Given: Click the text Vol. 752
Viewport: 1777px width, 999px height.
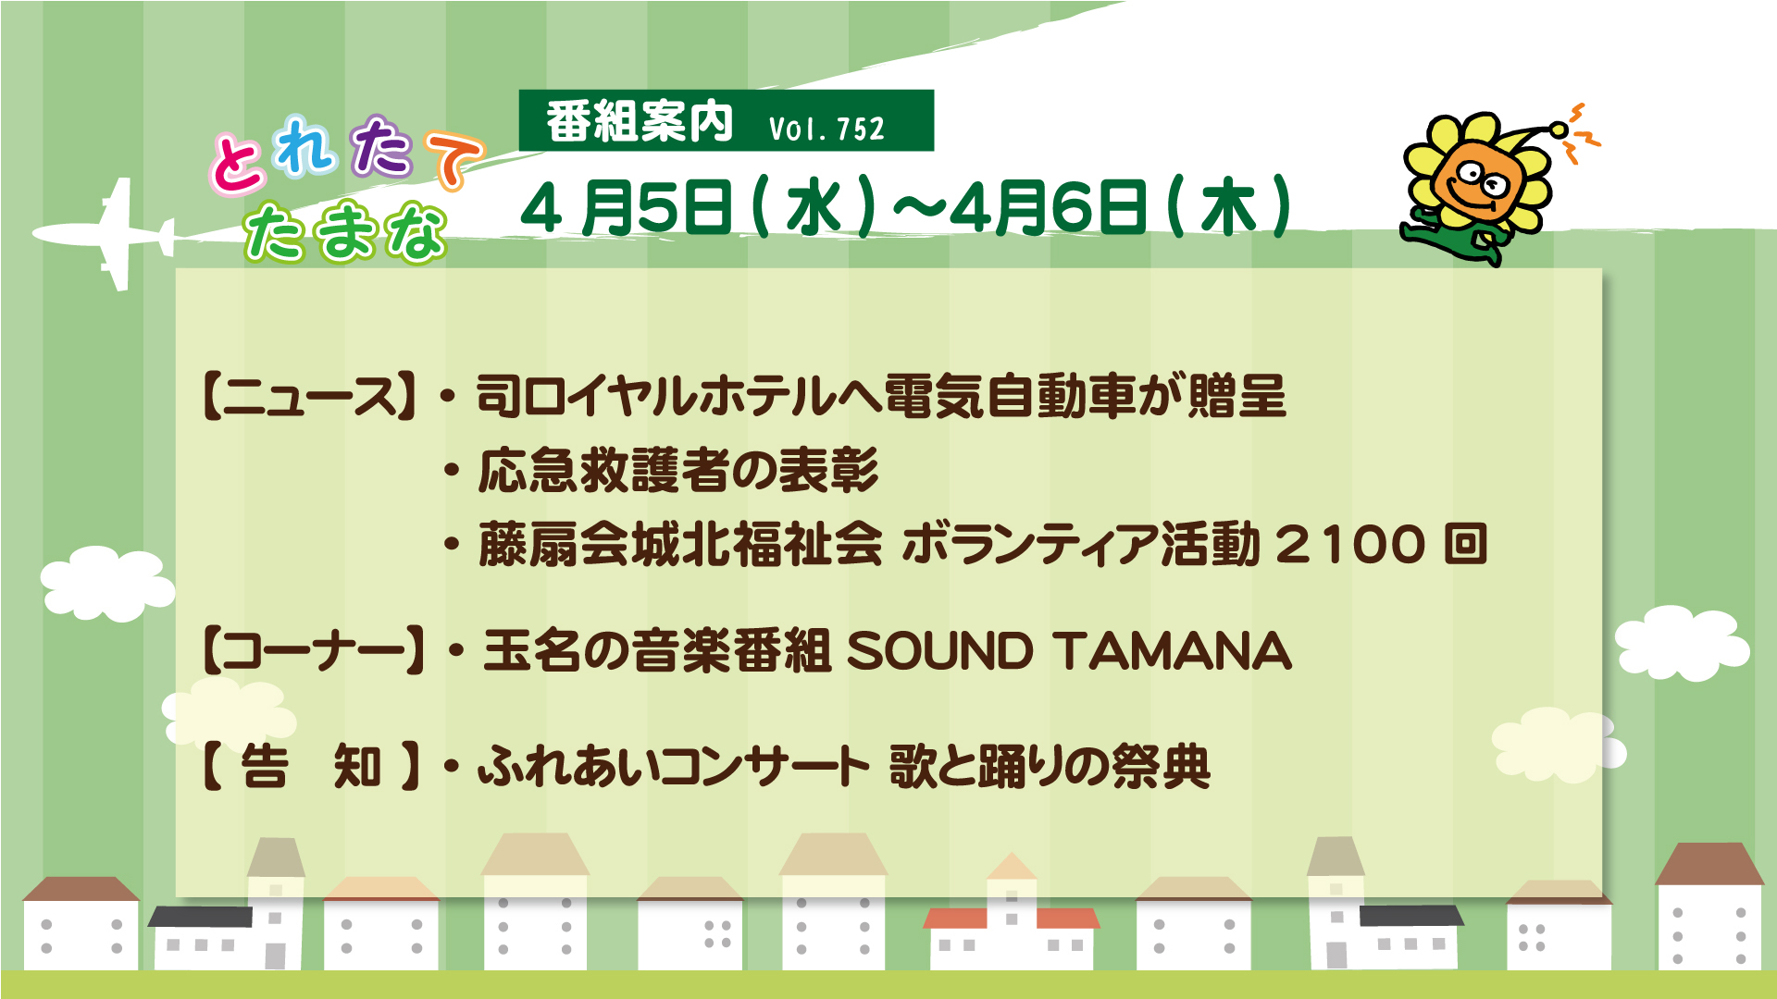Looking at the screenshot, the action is tap(826, 129).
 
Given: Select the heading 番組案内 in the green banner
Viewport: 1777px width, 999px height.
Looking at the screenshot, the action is tap(640, 122).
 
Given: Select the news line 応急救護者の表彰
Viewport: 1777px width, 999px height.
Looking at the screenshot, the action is tap(678, 470).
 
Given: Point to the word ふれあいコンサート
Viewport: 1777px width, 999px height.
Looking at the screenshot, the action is tap(673, 767).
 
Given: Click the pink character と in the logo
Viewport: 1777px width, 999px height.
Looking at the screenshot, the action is tap(237, 164).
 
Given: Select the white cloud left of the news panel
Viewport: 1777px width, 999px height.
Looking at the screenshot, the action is tap(107, 583).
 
